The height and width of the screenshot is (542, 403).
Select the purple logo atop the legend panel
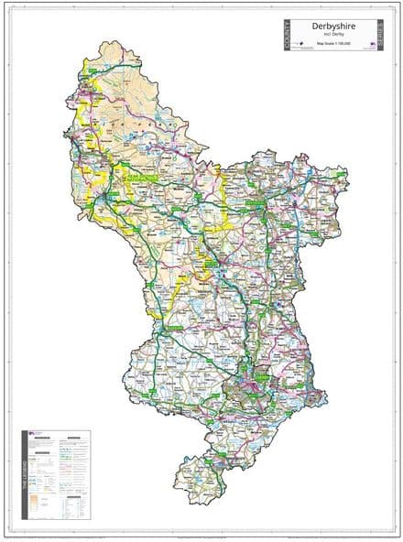38,435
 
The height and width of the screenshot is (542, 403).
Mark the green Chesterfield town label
266,207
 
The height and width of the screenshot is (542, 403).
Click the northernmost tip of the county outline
110,41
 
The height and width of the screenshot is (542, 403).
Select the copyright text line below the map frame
201,534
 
